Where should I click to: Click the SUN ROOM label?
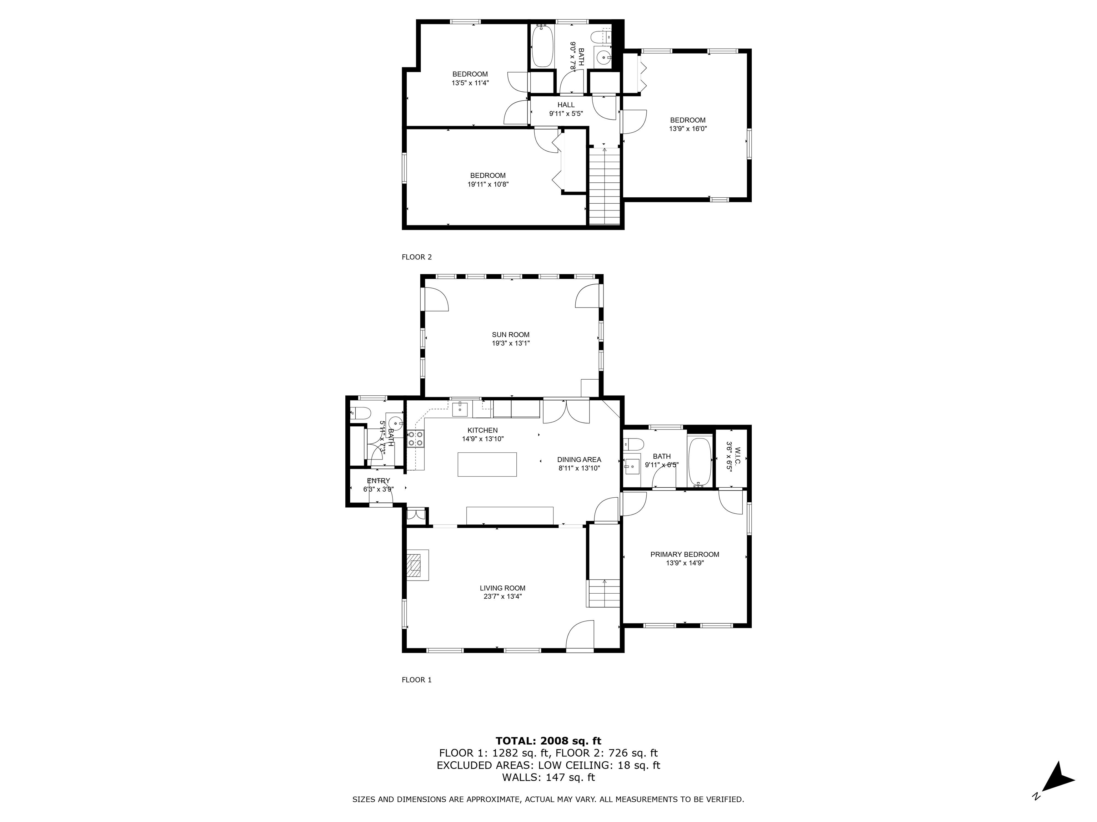pos(510,334)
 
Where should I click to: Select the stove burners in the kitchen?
pos(416,439)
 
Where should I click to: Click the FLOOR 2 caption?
pos(417,257)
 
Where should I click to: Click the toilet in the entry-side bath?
pos(359,413)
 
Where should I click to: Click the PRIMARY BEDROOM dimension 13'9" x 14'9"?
pos(685,563)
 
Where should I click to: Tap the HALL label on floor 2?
pos(566,105)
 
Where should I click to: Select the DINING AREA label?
pos(579,459)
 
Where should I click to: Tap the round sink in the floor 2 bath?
pos(603,57)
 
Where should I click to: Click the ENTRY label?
pos(379,481)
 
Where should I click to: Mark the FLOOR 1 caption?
pos(417,680)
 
